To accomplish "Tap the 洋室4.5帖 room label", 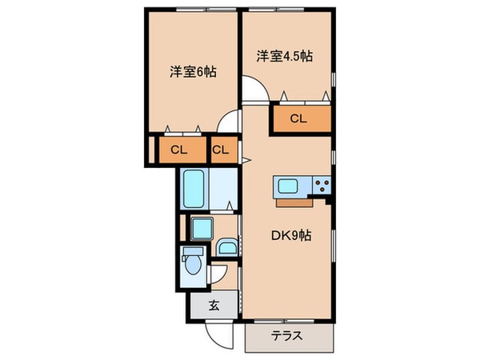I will point(286,56).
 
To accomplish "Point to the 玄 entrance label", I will point(214,305).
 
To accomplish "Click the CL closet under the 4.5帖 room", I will point(298,120).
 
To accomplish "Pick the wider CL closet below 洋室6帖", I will point(178,149).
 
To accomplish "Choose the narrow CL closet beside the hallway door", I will point(222,149).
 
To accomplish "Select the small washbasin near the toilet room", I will point(227,247).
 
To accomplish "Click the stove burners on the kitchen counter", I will point(322,186).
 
